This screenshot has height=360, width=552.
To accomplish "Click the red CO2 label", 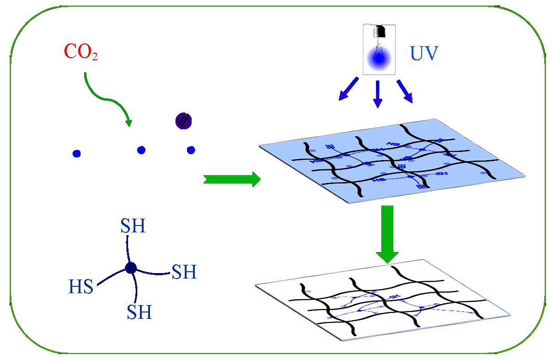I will pos(81,52).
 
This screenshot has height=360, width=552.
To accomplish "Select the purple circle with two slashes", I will pos(184,121).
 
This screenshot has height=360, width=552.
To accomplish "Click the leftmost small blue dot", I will pos(76,154).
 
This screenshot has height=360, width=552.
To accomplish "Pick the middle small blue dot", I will pos(141,150).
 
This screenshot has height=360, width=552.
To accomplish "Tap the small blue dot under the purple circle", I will pos(191,150).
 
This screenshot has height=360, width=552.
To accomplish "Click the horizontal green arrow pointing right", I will pos(231,179).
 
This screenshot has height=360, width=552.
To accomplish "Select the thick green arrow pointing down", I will pos(387,233).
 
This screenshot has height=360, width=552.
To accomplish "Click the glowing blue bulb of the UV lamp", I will pos(380,57).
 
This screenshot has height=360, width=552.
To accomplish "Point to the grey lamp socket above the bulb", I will pos(378,32).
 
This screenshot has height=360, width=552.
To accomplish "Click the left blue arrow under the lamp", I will pos(348,89).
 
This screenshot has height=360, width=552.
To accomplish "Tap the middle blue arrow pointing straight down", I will pos(377,94).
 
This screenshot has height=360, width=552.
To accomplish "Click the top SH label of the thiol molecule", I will pos(133,226).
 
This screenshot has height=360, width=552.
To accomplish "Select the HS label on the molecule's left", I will pos(81,287).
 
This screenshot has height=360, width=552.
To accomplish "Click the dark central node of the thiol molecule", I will pos(131,268).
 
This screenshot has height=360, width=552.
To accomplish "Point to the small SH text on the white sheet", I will pos(393,297).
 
